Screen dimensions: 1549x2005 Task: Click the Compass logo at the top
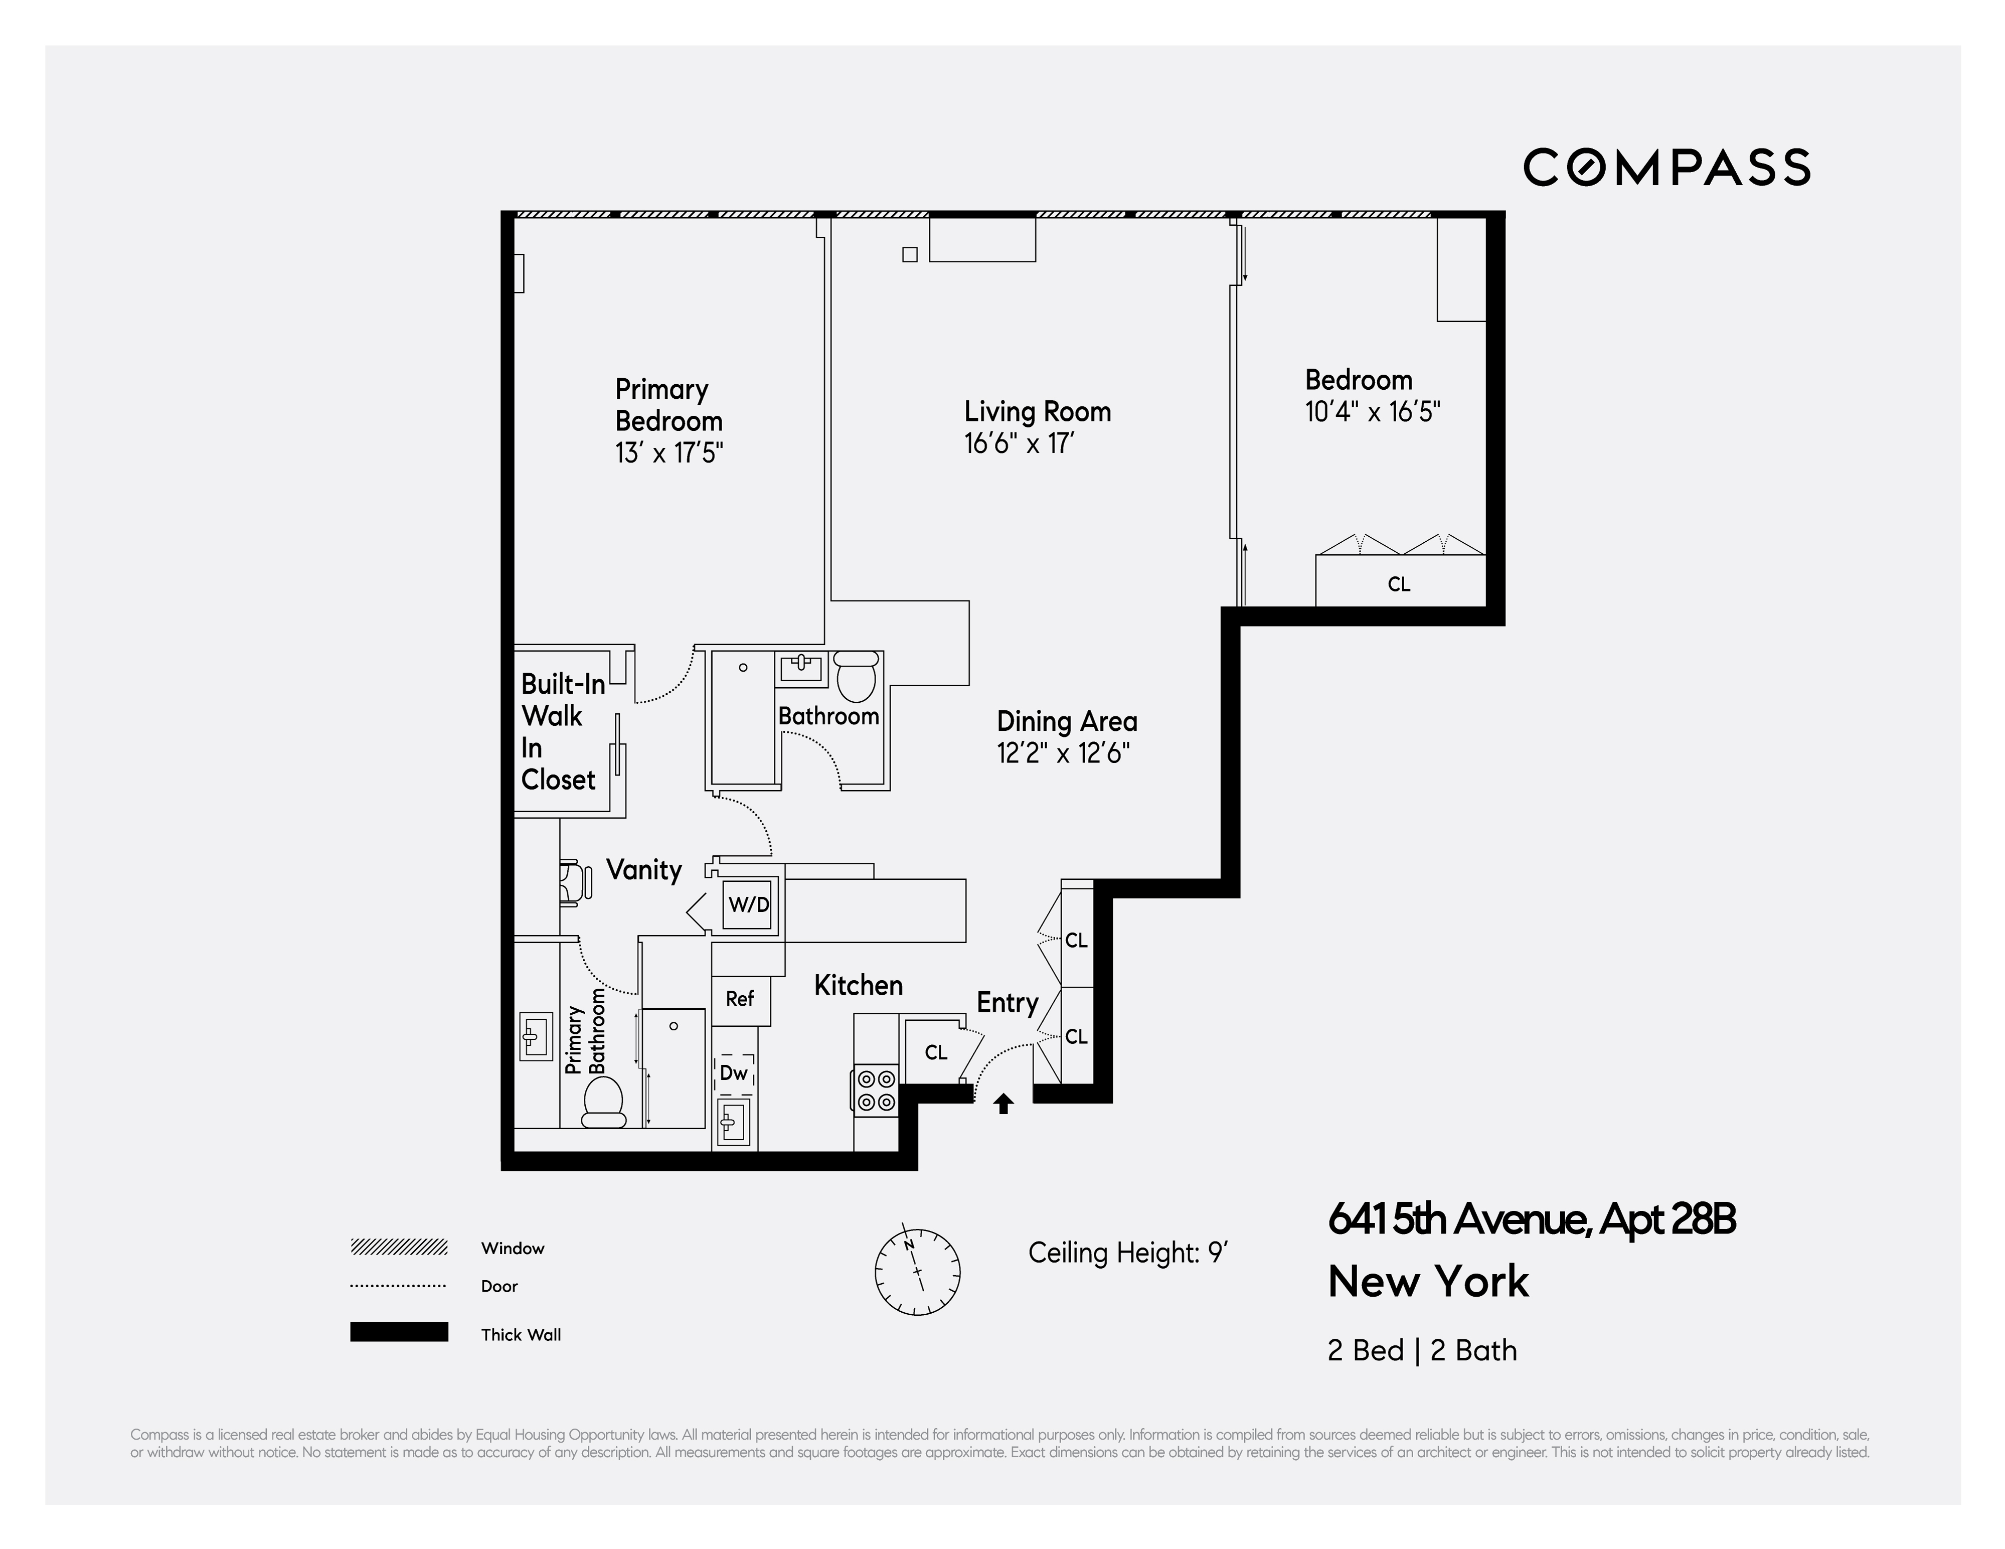1666,167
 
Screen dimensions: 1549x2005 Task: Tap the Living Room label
1038,411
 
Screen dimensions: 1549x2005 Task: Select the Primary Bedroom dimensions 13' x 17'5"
669,452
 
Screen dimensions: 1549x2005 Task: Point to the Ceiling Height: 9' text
1127,1253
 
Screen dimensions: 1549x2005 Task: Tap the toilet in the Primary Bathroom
603,1102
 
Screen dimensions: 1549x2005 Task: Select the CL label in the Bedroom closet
1398,584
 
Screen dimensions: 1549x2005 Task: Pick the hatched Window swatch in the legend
398,1247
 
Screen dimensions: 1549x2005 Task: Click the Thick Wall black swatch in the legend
398,1331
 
